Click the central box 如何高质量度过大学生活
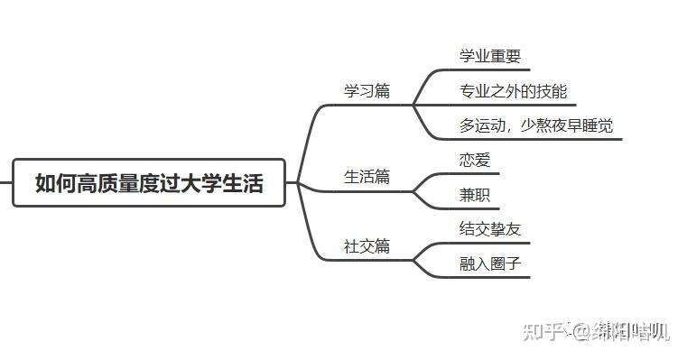pyautogui.click(x=149, y=183)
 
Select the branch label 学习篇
pyautogui.click(x=367, y=91)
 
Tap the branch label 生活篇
pyautogui.click(x=367, y=177)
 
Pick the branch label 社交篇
pyautogui.click(x=367, y=246)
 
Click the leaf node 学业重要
pyautogui.click(x=490, y=56)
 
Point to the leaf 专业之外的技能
pyautogui.click(x=513, y=91)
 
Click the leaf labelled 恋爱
pyautogui.click(x=475, y=160)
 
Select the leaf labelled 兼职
pyautogui.click(x=475, y=195)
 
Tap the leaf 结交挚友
pyautogui.click(x=490, y=229)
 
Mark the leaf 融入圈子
pyautogui.click(x=490, y=263)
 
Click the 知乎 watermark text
pyautogui.click(x=544, y=331)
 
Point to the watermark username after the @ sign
pyautogui.click(x=630, y=331)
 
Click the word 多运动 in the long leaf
pyautogui.click(x=482, y=125)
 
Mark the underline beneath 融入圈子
pyautogui.click(x=492, y=277)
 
